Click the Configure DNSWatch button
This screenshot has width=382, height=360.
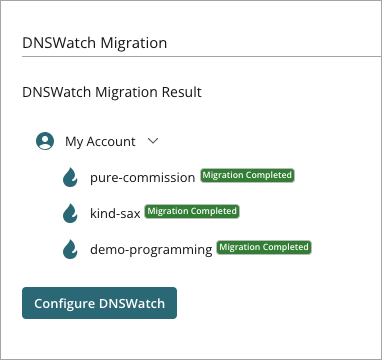(99, 303)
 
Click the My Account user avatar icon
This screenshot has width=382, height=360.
(45, 142)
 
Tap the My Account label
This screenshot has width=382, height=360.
(100, 142)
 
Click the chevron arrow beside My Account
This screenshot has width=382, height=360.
(153, 142)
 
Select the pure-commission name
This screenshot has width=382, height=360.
(142, 177)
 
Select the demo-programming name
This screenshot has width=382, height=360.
(150, 249)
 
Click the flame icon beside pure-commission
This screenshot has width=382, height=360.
(70, 177)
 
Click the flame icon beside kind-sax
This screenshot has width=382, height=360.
(70, 213)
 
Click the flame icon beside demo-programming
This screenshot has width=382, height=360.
(70, 249)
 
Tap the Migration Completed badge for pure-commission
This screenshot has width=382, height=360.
(247, 175)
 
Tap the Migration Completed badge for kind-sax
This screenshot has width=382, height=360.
(191, 211)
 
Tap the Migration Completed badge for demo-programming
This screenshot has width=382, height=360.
(263, 247)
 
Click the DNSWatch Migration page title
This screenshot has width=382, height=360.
(94, 44)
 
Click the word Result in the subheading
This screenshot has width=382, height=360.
(179, 92)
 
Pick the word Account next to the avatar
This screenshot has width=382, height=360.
(111, 142)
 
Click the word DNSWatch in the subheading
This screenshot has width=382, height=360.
(56, 92)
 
